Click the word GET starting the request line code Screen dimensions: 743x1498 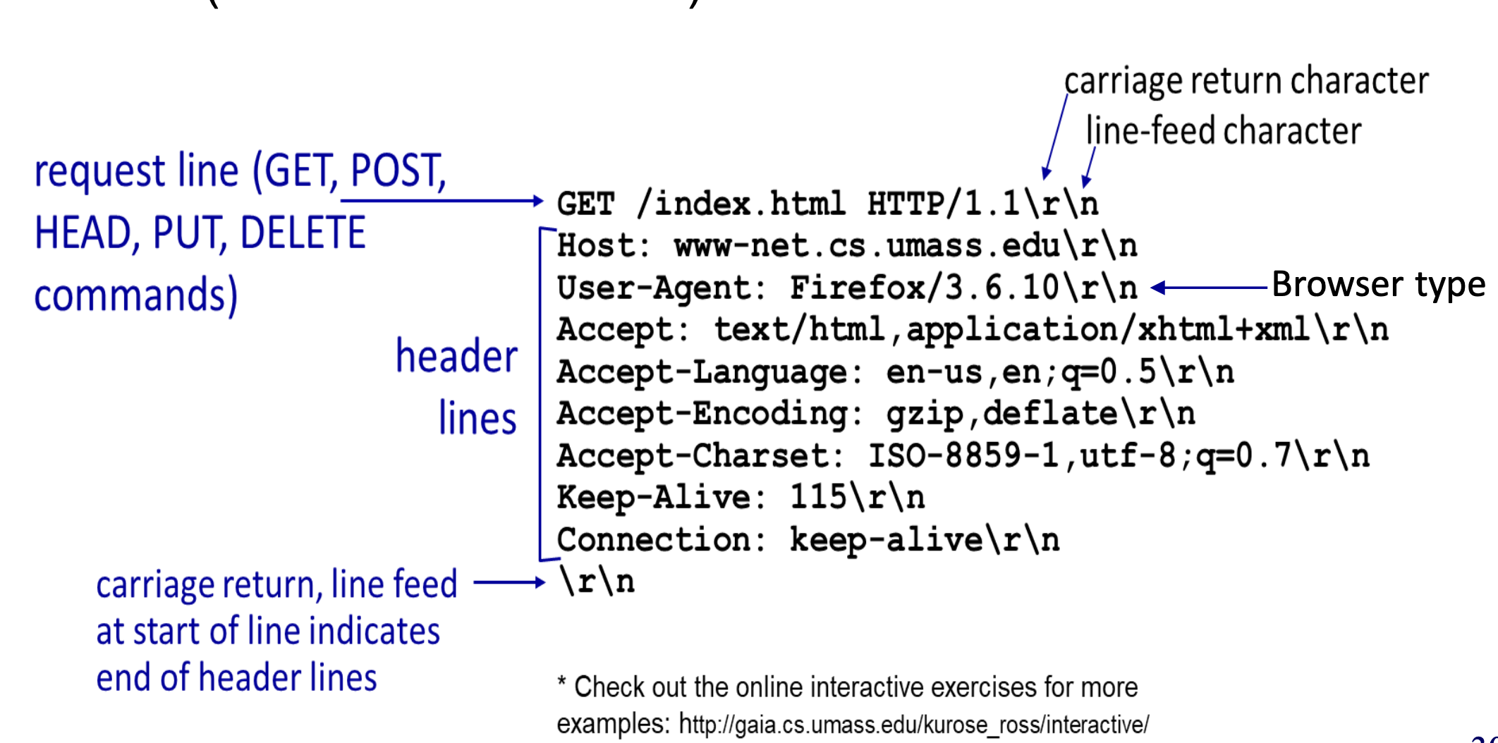[x=585, y=204]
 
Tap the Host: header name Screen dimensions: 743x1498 [x=604, y=246]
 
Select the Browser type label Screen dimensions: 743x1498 [x=1378, y=285]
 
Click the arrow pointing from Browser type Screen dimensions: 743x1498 [x=1209, y=288]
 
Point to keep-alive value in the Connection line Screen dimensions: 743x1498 [x=886, y=540]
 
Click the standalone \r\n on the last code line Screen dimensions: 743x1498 [x=597, y=582]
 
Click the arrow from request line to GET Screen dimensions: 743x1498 [x=442, y=201]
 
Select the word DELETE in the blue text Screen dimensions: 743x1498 [x=303, y=233]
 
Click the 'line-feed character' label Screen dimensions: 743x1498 [x=1223, y=131]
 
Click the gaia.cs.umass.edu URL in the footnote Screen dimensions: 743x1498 [x=913, y=725]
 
